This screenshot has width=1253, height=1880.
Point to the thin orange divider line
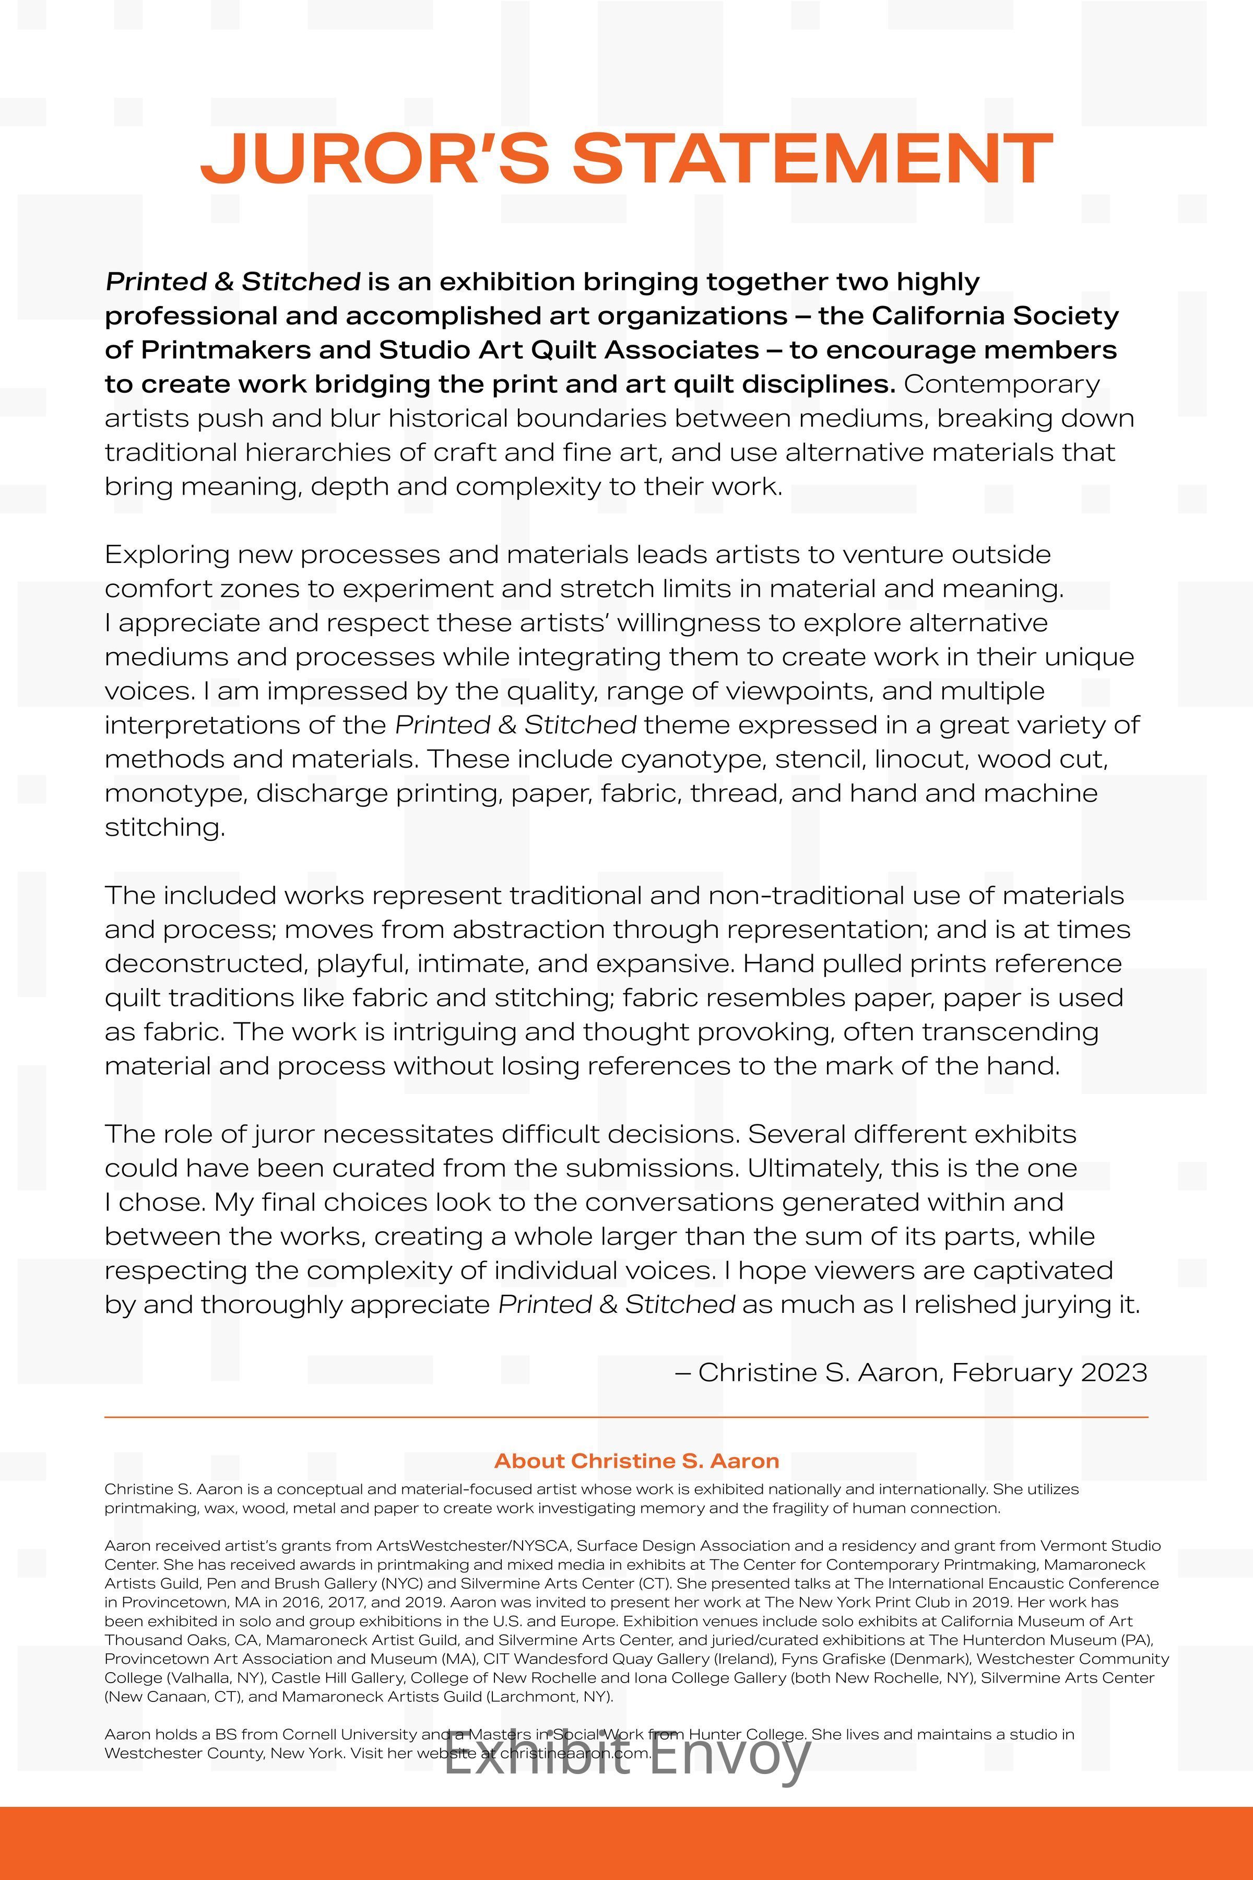pos(626,1417)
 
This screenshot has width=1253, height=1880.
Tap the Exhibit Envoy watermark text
pos(628,1757)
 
